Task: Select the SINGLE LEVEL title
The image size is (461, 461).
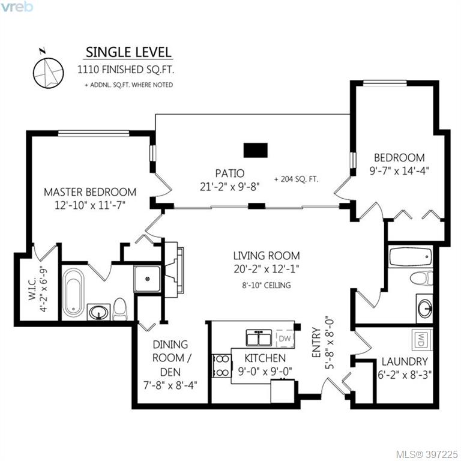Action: (x=128, y=52)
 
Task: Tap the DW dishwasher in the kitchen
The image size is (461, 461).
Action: (x=285, y=338)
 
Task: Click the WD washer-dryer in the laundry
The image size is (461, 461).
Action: (x=421, y=339)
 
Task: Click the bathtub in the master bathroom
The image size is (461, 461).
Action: (x=73, y=291)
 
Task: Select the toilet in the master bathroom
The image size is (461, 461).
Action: (x=120, y=309)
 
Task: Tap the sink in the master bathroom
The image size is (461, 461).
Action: (x=98, y=312)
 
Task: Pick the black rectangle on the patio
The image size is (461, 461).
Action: (x=256, y=150)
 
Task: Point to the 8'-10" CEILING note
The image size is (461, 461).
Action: (x=267, y=285)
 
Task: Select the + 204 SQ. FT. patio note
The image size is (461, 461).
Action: (x=296, y=179)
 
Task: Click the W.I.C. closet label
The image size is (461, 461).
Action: (x=32, y=289)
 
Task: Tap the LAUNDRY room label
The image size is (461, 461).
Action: (x=405, y=361)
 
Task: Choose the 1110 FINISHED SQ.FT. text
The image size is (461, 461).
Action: (x=125, y=70)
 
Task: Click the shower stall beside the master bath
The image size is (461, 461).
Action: (x=147, y=279)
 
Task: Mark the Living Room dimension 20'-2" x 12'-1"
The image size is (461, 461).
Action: (x=267, y=269)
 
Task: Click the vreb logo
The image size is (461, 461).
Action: (x=16, y=7)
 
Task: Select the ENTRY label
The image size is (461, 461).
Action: (x=316, y=343)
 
